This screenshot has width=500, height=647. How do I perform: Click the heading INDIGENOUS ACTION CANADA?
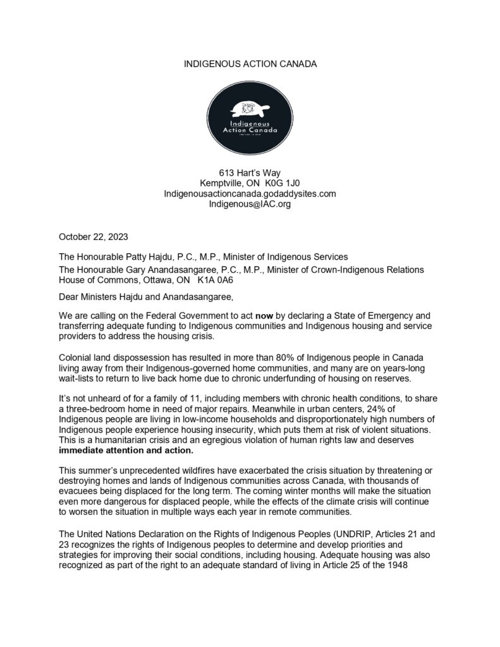(x=250, y=65)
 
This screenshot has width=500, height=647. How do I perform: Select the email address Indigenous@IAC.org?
(x=250, y=204)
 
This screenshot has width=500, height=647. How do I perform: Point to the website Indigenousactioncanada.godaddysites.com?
(x=250, y=193)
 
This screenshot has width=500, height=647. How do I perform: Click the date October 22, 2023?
(x=94, y=237)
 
